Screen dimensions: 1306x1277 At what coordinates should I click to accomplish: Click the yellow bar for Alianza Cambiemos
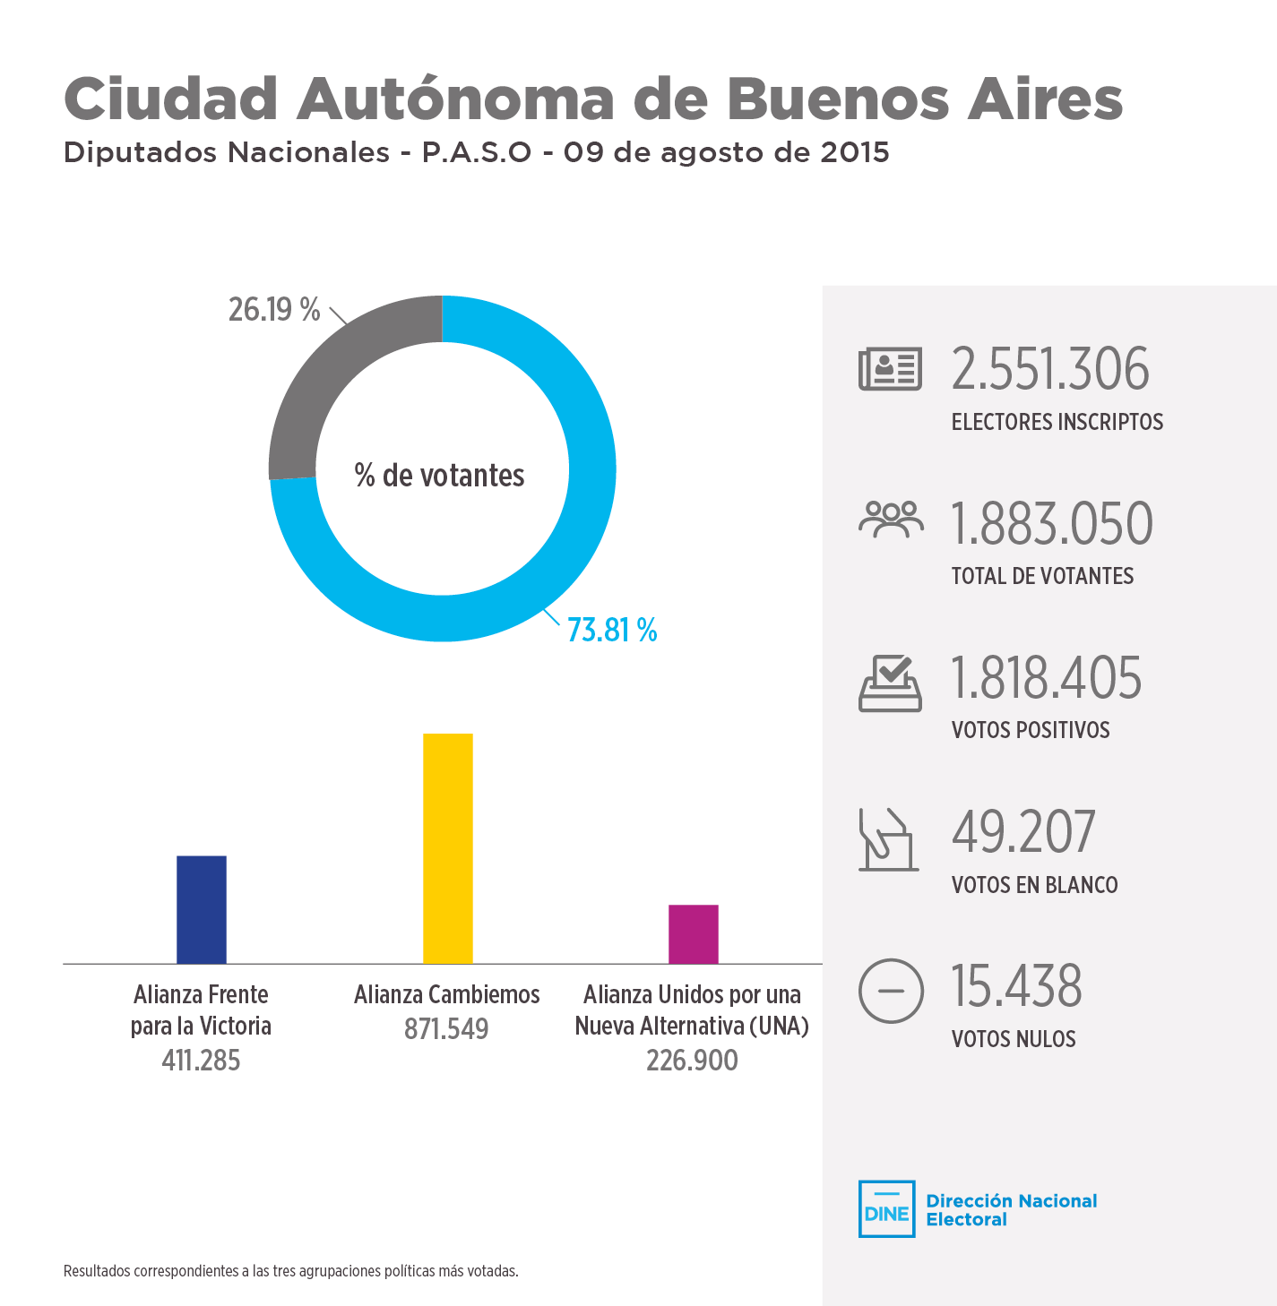[447, 848]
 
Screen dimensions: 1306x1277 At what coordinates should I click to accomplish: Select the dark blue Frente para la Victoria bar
[202, 909]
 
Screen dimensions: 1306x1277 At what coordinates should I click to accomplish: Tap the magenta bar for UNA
[693, 934]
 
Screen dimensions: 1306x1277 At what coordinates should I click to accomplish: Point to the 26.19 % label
[273, 309]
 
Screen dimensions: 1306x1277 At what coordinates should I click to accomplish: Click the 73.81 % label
[612, 631]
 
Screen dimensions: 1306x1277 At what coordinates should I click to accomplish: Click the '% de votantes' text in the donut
[439, 475]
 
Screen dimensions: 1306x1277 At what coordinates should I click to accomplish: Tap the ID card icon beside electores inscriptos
[890, 369]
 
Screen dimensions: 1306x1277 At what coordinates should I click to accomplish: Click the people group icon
[890, 520]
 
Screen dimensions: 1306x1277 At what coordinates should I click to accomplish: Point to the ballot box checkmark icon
[890, 683]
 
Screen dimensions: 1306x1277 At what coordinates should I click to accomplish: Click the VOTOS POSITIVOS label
[1031, 730]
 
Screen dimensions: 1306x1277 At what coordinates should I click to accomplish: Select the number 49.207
[1022, 832]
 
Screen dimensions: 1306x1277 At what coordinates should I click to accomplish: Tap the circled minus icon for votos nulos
[890, 991]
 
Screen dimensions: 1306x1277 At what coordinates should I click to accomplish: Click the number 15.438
[1016, 986]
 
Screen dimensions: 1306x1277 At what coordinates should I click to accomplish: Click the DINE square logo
[886, 1208]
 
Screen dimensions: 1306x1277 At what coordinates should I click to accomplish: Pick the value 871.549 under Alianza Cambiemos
[446, 1029]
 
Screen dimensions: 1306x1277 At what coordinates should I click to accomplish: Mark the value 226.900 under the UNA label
[692, 1061]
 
